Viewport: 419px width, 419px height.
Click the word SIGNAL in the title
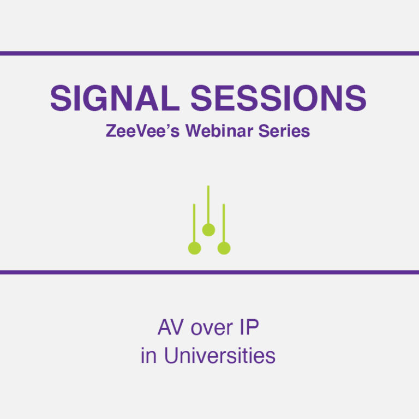pyautogui.click(x=115, y=98)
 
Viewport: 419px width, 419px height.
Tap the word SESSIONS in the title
pyautogui.click(x=278, y=98)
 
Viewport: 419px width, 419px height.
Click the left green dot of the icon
pyautogui.click(x=194, y=248)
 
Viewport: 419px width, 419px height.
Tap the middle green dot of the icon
pyautogui.click(x=208, y=230)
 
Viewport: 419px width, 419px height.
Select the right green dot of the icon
pyautogui.click(x=224, y=248)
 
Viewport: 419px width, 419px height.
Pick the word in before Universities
pyautogui.click(x=148, y=356)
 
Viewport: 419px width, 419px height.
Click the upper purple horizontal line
pyautogui.click(x=209, y=53)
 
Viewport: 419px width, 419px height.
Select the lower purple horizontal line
pyautogui.click(x=209, y=272)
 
